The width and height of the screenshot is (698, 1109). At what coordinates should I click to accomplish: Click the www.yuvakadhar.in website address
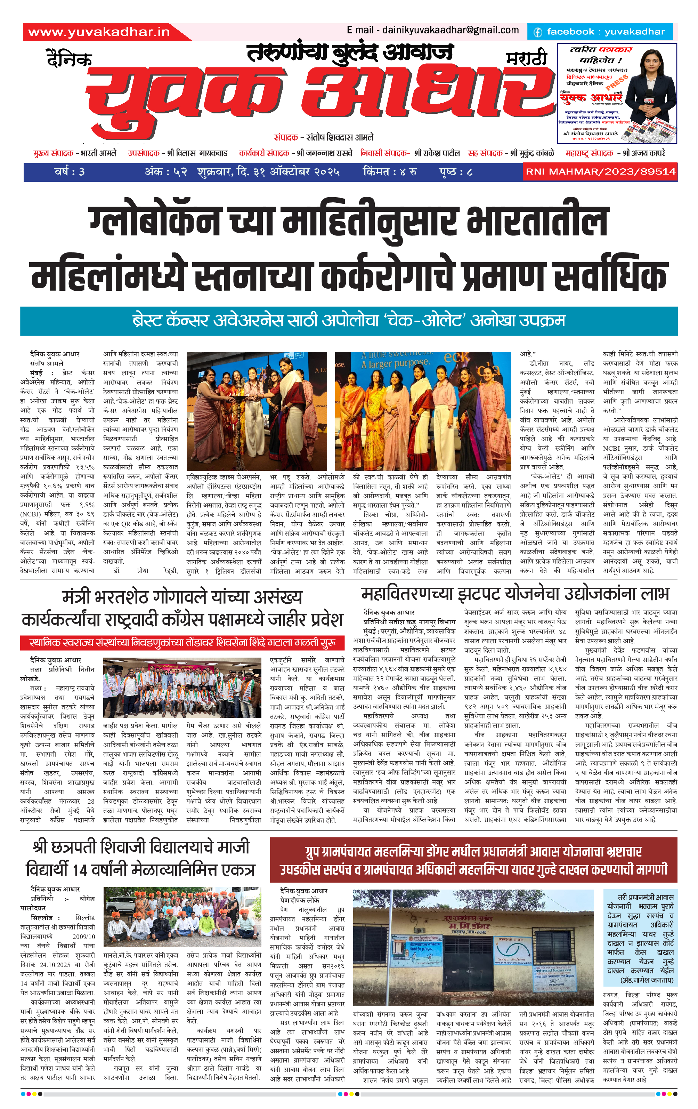pyautogui.click(x=99, y=32)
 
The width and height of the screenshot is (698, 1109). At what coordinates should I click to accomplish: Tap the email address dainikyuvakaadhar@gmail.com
pyautogui.click(x=433, y=30)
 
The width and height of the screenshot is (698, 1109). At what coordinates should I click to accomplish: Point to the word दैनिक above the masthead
pyautogui.click(x=70, y=60)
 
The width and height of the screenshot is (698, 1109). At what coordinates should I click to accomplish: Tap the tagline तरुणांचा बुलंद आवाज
pyautogui.click(x=350, y=53)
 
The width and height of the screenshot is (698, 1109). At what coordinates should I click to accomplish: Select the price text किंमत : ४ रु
pyautogui.click(x=390, y=172)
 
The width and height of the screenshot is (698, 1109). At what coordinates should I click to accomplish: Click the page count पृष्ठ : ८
pyautogui.click(x=456, y=172)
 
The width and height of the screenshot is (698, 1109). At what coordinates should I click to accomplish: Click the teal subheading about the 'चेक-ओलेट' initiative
pyautogui.click(x=349, y=321)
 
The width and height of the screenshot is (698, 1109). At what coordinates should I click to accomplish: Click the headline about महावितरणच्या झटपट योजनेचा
pyautogui.click(x=515, y=594)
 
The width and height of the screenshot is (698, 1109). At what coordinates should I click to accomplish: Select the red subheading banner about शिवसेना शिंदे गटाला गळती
pyautogui.click(x=182, y=642)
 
